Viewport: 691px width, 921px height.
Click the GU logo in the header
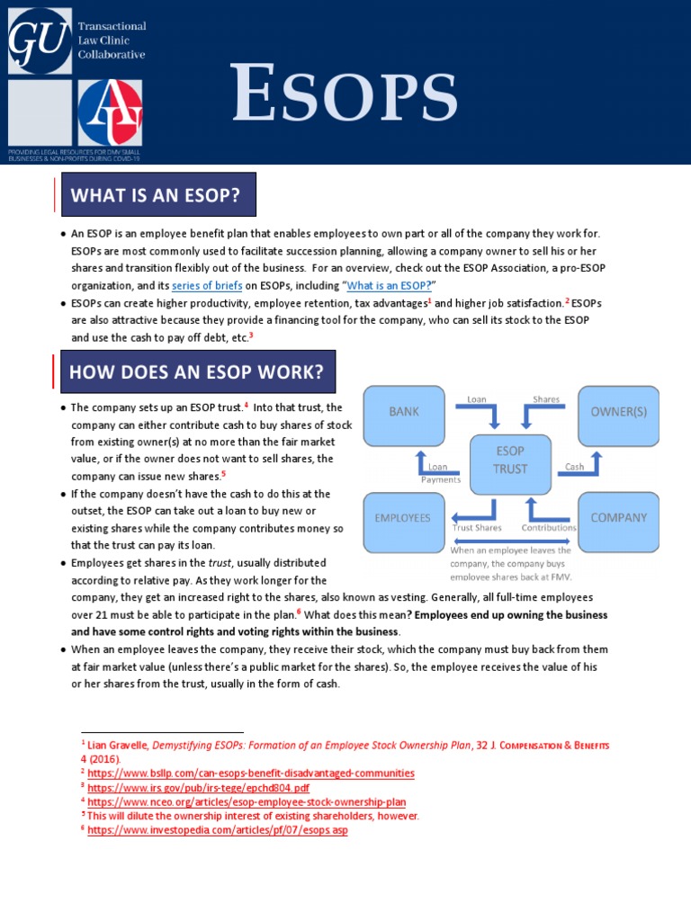39,40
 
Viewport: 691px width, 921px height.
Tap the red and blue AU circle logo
110,112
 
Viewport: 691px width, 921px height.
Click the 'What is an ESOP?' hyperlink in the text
389,285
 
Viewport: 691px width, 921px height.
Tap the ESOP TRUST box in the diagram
510,460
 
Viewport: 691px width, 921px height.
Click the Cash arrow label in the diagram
574,467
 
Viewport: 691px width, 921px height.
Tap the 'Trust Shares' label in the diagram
477,528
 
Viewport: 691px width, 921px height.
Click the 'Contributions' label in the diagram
549,528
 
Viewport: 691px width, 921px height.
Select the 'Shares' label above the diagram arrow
545,398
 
